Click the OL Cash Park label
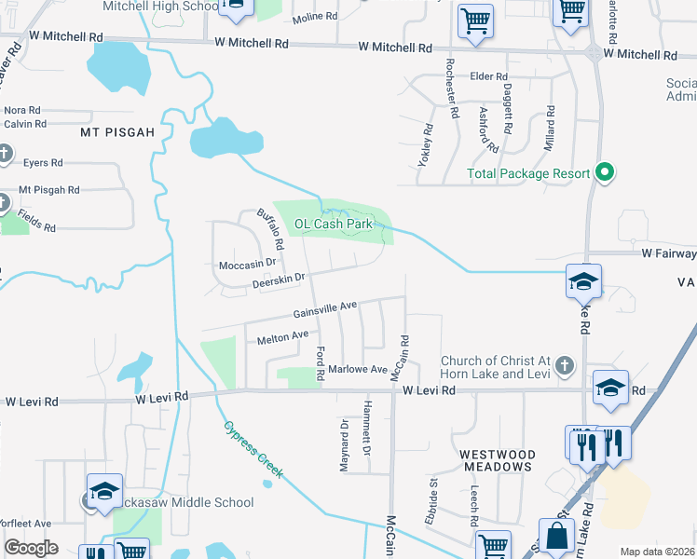tap(334, 224)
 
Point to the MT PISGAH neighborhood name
tap(117, 132)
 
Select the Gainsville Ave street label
tap(325, 307)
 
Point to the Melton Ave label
tap(282, 336)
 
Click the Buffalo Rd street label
tap(270, 229)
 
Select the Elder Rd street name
tap(488, 76)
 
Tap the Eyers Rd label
tap(43, 162)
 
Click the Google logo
tap(31, 548)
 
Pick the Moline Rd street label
tap(314, 18)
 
